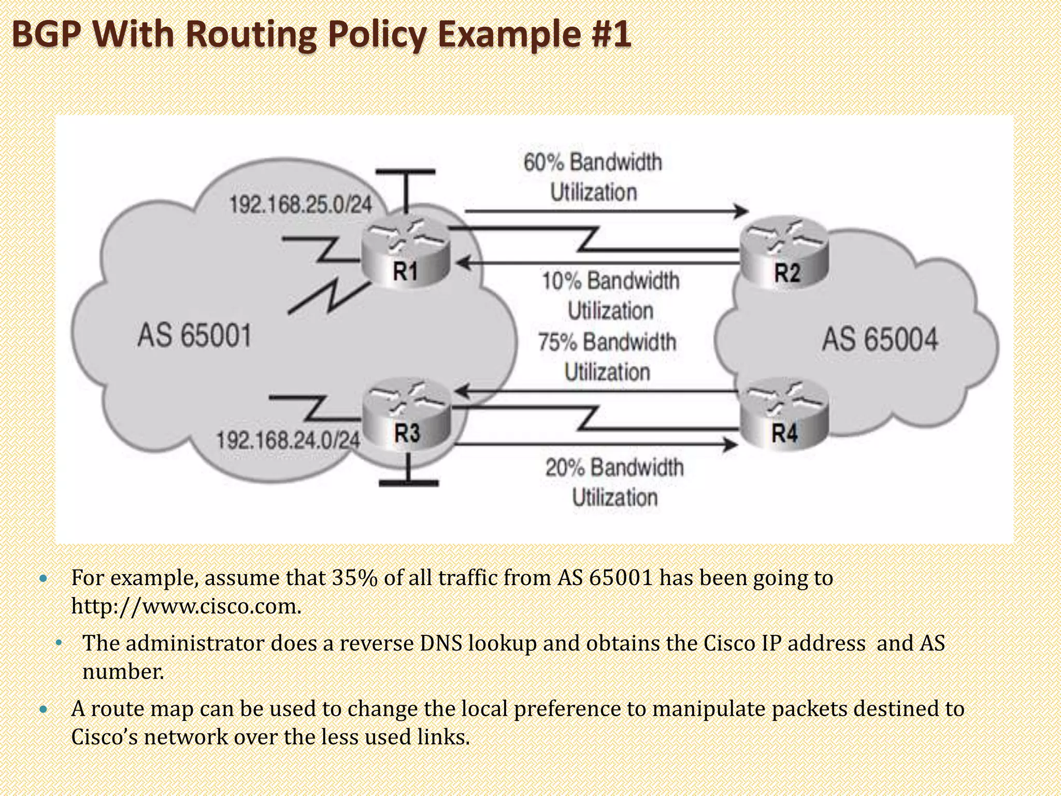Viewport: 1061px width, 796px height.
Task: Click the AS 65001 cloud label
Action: tap(194, 335)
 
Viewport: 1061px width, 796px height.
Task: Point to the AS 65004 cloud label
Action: tap(880, 340)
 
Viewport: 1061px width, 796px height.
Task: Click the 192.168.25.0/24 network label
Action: tap(300, 205)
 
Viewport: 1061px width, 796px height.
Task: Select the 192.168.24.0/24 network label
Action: tap(288, 440)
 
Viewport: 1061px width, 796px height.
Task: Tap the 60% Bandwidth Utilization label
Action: tap(593, 177)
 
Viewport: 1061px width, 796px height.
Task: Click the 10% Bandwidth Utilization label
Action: tap(610, 295)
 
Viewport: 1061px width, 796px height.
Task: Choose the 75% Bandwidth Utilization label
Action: tap(607, 357)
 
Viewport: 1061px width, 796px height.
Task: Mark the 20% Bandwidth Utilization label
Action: tap(614, 482)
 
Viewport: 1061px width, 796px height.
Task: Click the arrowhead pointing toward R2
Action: tap(742, 211)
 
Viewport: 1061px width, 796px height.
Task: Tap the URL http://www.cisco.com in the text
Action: tap(185, 606)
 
